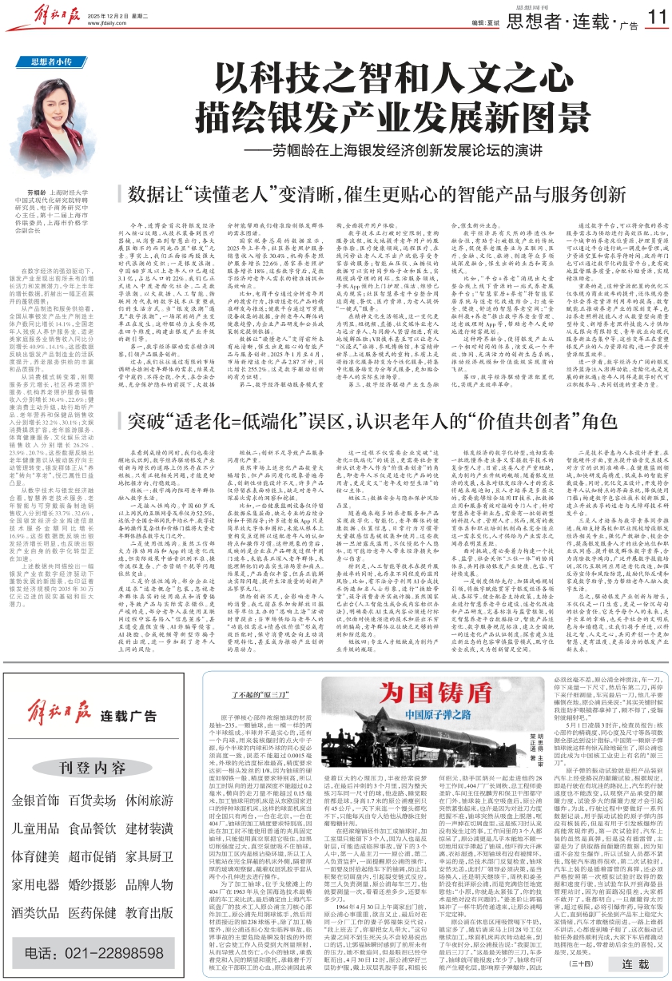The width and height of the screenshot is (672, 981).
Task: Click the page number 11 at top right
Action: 656,17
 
